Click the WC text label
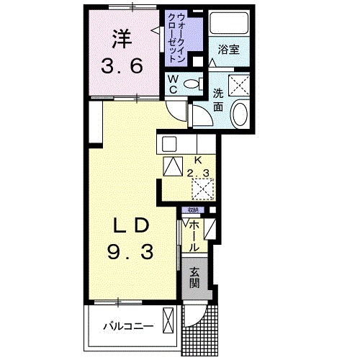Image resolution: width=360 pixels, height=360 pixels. tap(175, 84)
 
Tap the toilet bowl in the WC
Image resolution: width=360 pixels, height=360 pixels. tap(192, 84)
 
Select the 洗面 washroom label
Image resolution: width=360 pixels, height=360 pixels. tap(219, 99)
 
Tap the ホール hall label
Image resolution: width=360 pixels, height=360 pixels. tap(194, 235)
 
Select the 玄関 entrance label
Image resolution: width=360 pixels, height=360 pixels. tap(196, 276)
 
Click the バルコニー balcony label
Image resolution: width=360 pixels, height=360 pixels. tap(127, 325)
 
